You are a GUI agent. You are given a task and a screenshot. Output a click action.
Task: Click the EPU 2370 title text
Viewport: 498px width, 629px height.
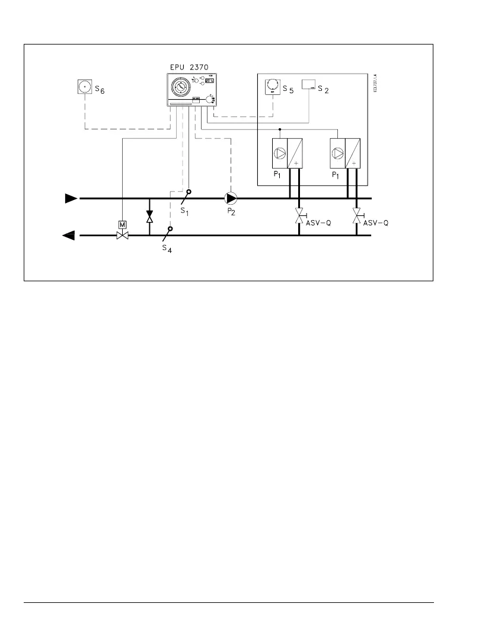tap(190, 68)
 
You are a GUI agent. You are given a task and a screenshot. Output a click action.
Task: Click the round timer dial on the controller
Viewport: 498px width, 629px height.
tap(181, 89)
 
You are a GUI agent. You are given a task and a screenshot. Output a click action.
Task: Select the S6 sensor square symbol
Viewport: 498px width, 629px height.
tap(85, 87)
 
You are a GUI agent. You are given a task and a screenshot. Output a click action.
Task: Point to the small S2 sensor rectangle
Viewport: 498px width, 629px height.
tap(309, 84)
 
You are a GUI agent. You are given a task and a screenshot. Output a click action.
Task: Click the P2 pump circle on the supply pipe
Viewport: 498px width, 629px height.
tap(231, 198)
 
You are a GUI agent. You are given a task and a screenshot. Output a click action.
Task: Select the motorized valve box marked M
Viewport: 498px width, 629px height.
tap(122, 224)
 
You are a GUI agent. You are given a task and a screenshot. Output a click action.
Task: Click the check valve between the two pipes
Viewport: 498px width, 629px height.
tap(149, 217)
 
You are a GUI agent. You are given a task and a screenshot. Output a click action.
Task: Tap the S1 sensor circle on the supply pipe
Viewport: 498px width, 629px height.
tap(189, 192)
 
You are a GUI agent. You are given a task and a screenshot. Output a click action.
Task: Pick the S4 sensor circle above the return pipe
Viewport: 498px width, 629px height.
tap(170, 228)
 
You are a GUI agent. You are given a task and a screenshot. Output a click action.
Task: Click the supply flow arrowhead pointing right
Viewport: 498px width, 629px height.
tap(71, 198)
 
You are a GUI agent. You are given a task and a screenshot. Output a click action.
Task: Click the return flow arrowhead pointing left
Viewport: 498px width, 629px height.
tap(69, 236)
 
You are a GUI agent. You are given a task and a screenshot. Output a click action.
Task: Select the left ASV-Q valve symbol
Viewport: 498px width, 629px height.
tap(299, 216)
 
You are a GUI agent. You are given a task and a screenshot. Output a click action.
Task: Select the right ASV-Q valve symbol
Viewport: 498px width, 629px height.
tap(356, 216)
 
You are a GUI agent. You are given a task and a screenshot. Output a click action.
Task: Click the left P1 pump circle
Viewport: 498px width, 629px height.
tap(279, 153)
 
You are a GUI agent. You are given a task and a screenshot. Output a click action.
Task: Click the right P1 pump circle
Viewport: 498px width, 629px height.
tap(337, 153)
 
